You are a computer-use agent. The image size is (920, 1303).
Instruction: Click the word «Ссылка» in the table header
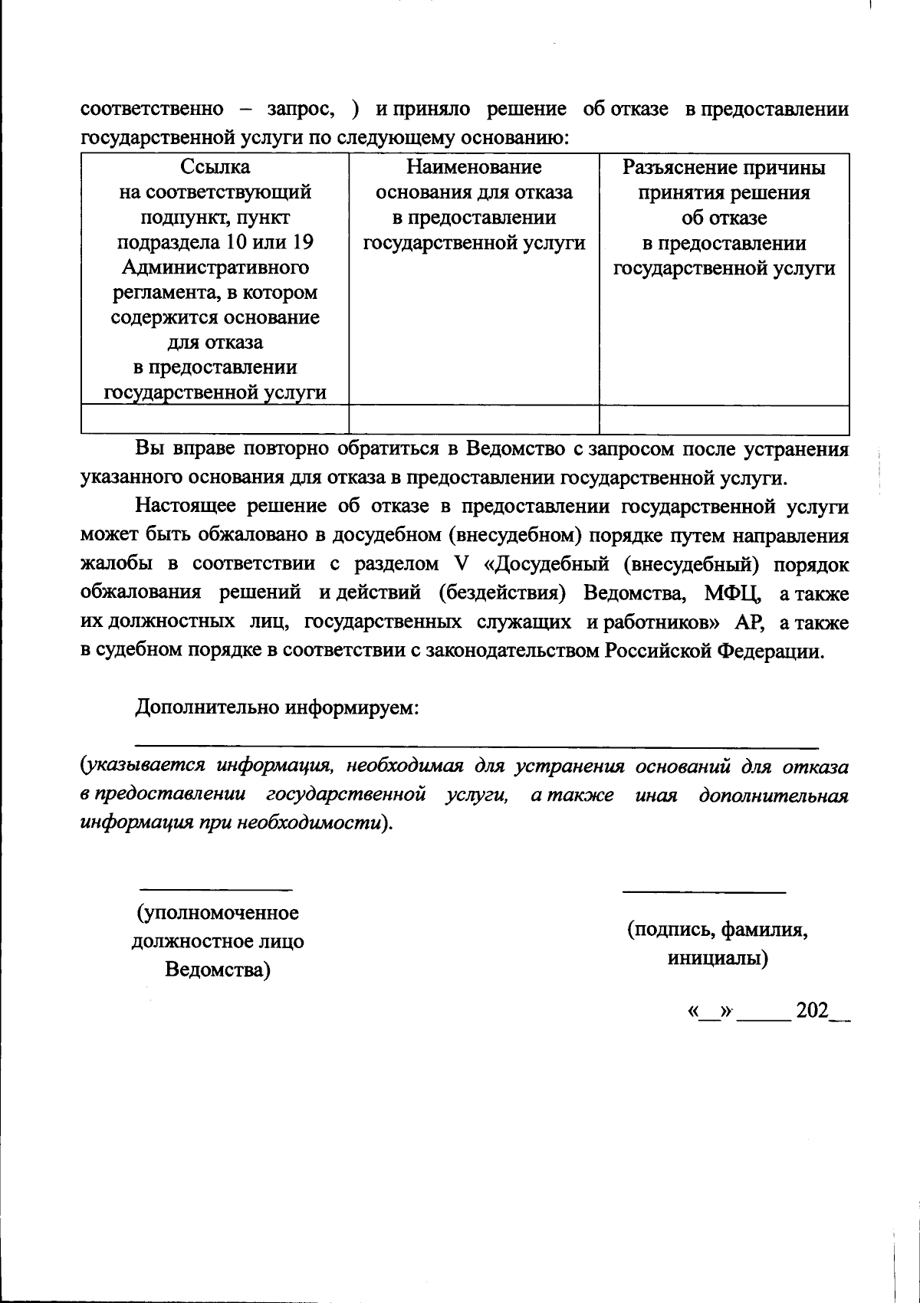tap(215, 167)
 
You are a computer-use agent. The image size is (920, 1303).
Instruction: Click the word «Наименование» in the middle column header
tap(474, 167)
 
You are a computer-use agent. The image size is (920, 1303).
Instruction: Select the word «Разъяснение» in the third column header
tap(672, 167)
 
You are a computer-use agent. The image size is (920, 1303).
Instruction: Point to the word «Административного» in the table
tap(215, 268)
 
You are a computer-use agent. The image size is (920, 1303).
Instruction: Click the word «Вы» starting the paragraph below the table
tap(149, 449)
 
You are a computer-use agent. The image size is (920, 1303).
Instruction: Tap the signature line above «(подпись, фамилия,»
tap(704, 892)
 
